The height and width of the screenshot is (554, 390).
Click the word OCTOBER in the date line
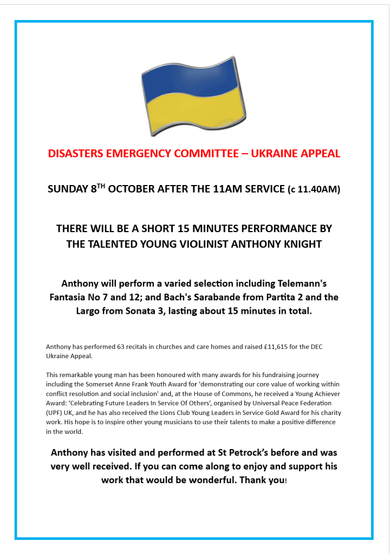pos(132,189)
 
